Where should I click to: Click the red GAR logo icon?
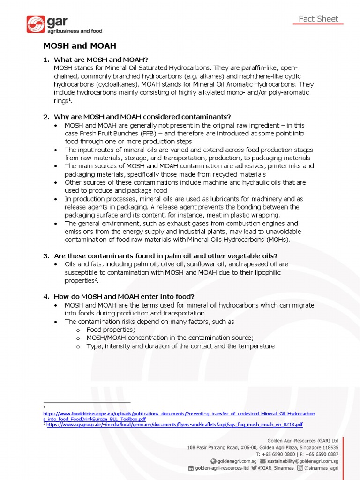click(x=36, y=24)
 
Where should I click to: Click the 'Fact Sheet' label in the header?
click(x=318, y=19)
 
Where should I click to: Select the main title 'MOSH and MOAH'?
click(x=80, y=46)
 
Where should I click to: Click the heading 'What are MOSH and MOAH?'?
click(x=101, y=60)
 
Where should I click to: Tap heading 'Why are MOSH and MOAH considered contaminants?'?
click(x=142, y=117)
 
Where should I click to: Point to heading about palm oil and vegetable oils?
click(x=165, y=256)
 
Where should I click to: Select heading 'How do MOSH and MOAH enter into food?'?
click(x=124, y=297)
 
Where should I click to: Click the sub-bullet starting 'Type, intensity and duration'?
click(x=180, y=346)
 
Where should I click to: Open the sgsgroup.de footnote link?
click(x=174, y=425)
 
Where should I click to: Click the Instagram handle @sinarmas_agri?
click(x=321, y=468)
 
